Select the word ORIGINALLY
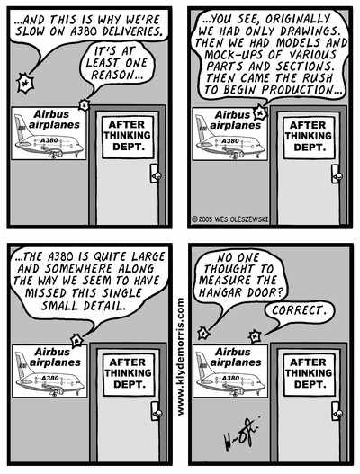pos(297,19)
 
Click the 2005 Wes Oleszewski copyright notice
pos(230,219)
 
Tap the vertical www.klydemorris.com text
pos(181,357)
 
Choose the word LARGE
pos(148,256)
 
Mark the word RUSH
pos(318,78)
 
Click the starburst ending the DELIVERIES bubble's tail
pos(25,84)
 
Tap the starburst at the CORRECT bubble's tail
pos(255,336)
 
